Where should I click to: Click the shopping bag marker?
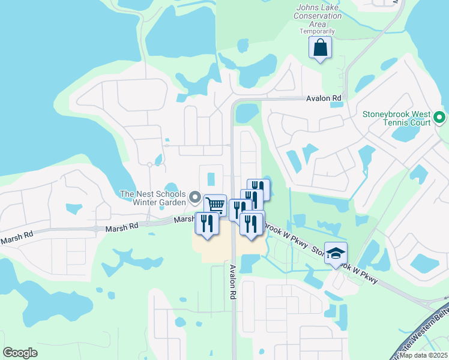click(x=321, y=47)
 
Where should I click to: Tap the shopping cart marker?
click(x=215, y=205)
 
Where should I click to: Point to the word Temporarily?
click(x=318, y=31)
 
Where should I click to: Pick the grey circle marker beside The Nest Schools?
click(x=194, y=197)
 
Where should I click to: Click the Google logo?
click(x=20, y=352)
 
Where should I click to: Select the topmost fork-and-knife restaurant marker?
click(x=259, y=189)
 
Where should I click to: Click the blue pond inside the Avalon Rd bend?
click(x=247, y=113)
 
